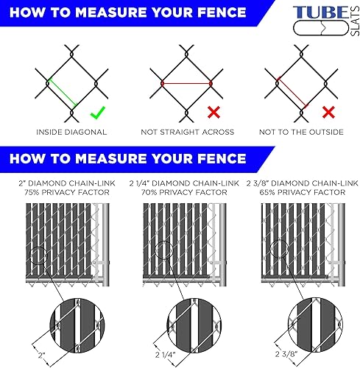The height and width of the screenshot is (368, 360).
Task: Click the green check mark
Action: click(x=96, y=114)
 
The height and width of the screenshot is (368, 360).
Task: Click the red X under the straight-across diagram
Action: click(x=213, y=113)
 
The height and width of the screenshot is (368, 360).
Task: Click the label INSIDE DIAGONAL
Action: click(x=71, y=132)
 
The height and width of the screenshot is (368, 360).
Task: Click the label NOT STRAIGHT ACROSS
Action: click(x=187, y=132)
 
